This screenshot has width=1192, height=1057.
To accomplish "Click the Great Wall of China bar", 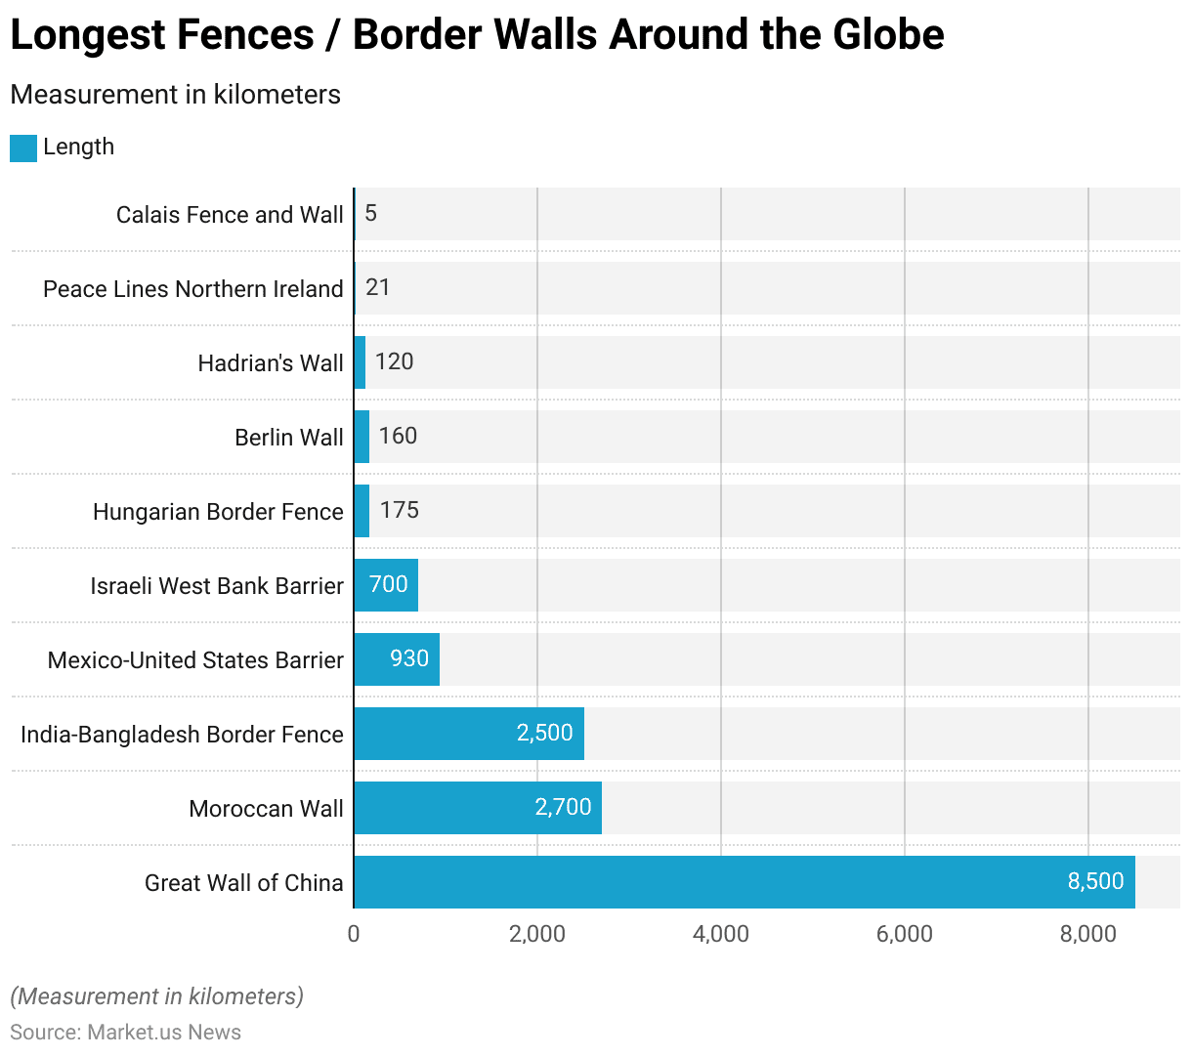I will click(x=744, y=882).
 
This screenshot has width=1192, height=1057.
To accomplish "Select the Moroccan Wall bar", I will click(x=478, y=808).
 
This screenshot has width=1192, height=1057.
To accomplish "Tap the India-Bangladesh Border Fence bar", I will click(x=469, y=734).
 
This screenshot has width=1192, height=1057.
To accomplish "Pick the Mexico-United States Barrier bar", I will click(x=397, y=659).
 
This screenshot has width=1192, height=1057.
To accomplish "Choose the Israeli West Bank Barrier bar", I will click(x=386, y=585).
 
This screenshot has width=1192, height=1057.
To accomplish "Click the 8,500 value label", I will click(x=1095, y=881).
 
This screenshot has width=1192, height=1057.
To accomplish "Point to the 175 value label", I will click(x=400, y=510).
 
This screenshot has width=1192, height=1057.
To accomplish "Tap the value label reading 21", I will click(x=378, y=287).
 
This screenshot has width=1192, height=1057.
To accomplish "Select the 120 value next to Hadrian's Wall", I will click(x=395, y=361).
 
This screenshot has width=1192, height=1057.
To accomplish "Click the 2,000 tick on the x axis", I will click(x=537, y=934).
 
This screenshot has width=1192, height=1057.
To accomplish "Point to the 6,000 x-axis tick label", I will click(x=905, y=934).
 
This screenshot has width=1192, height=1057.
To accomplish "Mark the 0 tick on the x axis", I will click(x=354, y=934).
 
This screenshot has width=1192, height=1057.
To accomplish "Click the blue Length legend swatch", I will click(x=23, y=148).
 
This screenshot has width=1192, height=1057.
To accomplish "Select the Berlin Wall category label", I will click(x=289, y=438).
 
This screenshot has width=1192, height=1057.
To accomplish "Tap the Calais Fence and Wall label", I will click(x=230, y=215).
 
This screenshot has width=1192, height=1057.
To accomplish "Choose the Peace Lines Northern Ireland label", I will click(x=193, y=289).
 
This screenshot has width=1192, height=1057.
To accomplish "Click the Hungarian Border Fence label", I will click(x=218, y=512).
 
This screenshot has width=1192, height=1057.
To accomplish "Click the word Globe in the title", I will click(x=888, y=35).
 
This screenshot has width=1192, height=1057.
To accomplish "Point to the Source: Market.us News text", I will click(x=125, y=1033).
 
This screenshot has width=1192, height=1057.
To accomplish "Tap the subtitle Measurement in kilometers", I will click(x=176, y=95).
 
